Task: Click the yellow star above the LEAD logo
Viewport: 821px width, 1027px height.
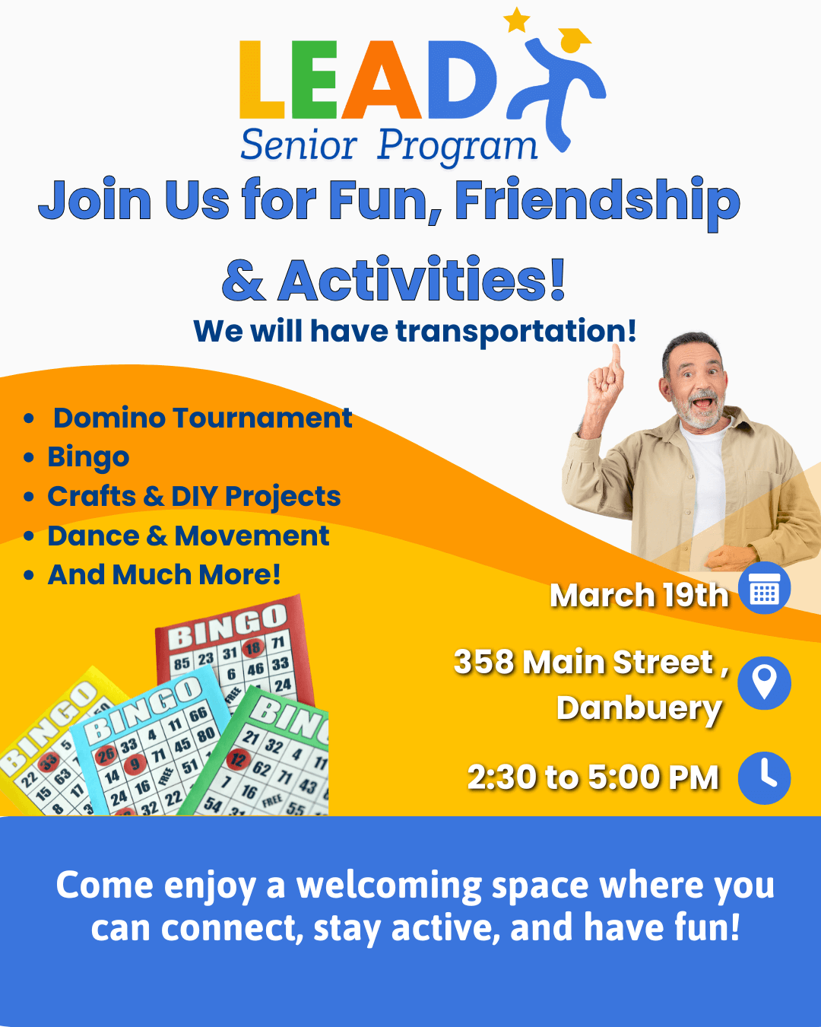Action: [517, 20]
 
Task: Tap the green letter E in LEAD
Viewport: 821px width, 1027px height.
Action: [314, 79]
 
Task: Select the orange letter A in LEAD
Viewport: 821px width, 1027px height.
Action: [382, 79]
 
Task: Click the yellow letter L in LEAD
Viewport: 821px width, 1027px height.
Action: [262, 79]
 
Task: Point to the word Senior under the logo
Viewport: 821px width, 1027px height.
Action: [299, 145]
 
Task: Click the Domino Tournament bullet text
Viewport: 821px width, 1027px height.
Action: [203, 418]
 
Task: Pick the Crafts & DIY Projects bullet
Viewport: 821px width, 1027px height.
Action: [194, 496]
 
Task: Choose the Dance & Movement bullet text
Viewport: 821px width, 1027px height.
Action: [189, 536]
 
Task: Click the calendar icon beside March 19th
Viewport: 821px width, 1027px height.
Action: [764, 588]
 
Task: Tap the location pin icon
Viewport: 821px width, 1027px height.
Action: [764, 682]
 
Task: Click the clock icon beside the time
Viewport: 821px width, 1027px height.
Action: [764, 778]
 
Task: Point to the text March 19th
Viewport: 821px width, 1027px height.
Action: [639, 596]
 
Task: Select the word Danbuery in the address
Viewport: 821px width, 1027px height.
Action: [639, 709]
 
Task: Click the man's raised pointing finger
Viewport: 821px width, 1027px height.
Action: [616, 357]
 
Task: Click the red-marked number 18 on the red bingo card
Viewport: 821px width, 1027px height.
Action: [252, 647]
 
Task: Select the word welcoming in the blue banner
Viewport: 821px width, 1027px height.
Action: [389, 886]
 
